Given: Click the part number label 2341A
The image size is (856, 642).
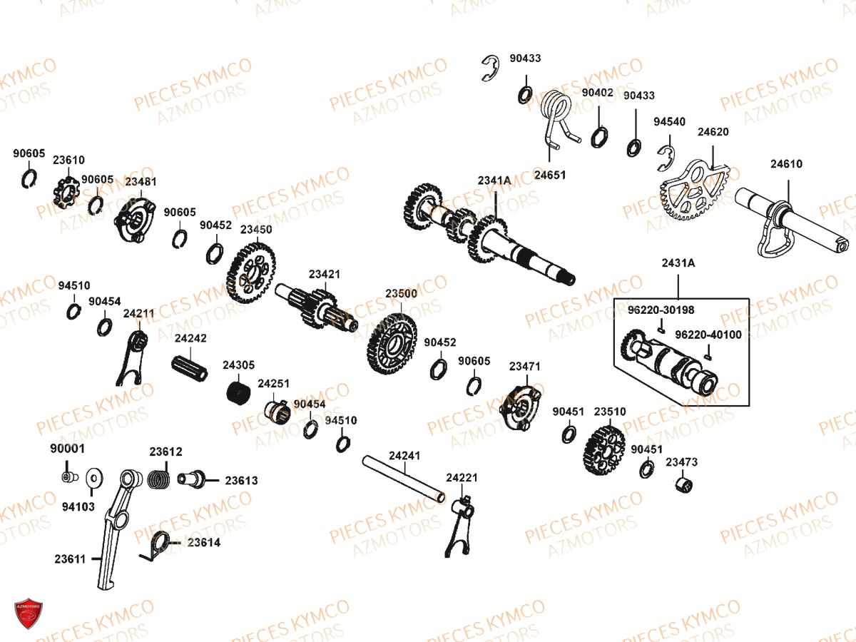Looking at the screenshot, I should coord(494,180).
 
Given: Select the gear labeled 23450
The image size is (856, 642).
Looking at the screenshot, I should coord(250,272).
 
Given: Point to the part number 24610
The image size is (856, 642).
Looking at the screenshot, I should coord(785,164).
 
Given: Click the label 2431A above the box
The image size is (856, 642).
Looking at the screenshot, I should coord(678,263).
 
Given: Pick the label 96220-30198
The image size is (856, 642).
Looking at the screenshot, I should coord(661,310).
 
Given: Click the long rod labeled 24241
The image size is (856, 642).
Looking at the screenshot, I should coord(404,477).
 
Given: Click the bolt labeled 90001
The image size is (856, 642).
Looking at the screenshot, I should coord(67,476).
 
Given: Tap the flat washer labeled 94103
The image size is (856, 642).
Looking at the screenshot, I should coord(93,477).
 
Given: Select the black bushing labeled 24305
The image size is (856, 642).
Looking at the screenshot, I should coord(237,392).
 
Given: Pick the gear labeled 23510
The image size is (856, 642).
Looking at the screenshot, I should coord(604,451).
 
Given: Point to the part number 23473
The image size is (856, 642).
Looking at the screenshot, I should coord(681,462).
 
